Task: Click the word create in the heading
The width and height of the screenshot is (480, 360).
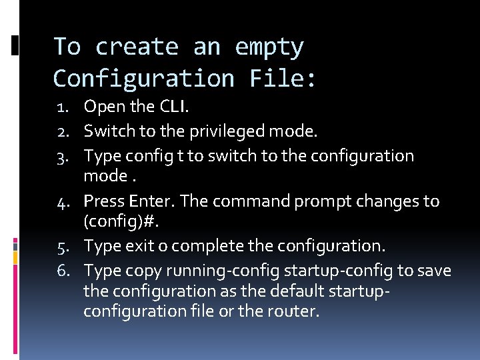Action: click(x=137, y=47)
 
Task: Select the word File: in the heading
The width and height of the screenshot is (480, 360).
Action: click(x=283, y=79)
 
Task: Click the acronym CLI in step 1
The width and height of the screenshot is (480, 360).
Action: click(x=176, y=106)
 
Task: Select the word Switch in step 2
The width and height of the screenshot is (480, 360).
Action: click(x=107, y=131)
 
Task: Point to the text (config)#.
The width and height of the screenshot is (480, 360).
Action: click(x=113, y=220)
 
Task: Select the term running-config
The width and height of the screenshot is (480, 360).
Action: click(x=223, y=271)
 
